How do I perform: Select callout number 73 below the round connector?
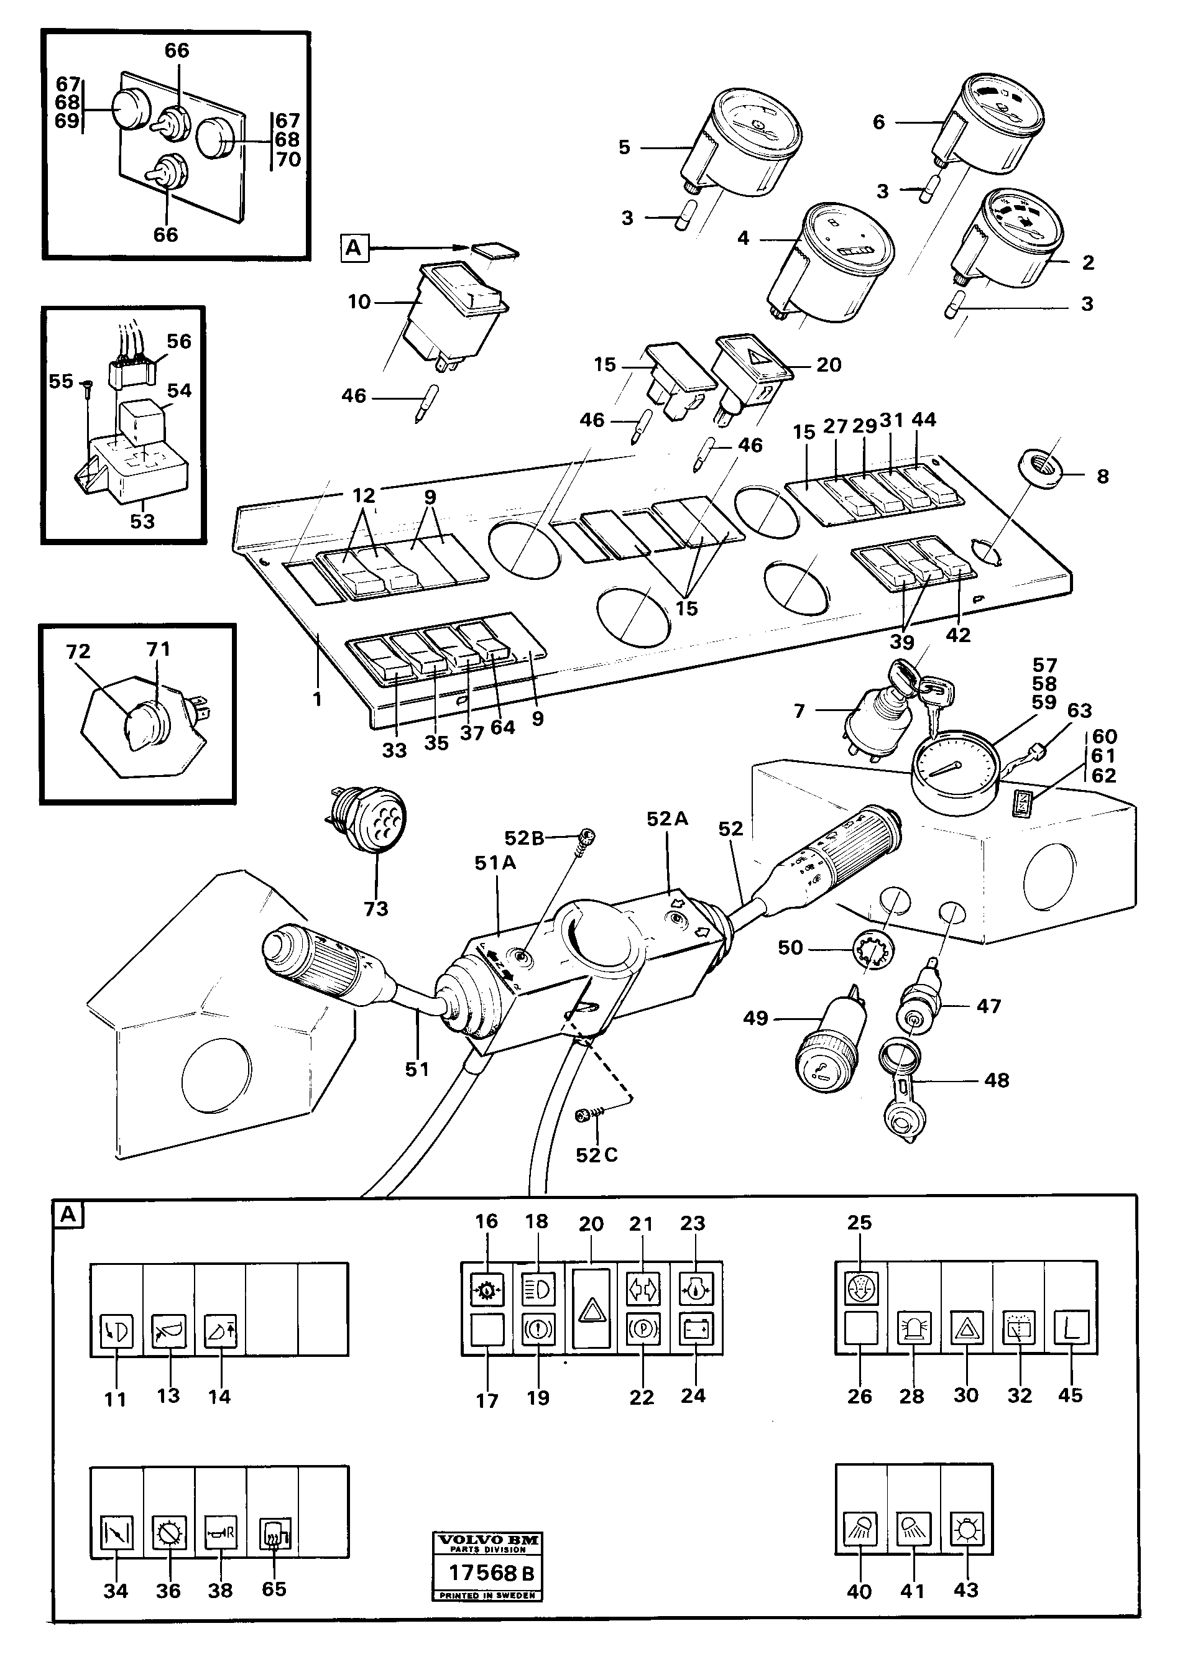point(376,909)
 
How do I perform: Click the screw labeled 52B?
point(587,838)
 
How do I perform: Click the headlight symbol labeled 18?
point(538,1290)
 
